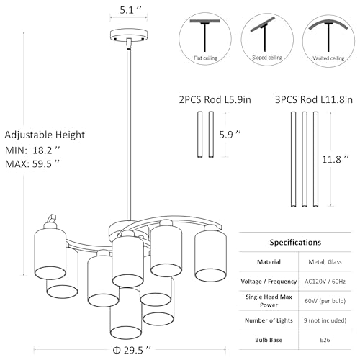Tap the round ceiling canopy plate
[129, 35]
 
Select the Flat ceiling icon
[205, 39]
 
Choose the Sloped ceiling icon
[267, 39]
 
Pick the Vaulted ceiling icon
[328, 40]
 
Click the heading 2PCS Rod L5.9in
[215, 99]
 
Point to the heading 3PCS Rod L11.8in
[314, 99]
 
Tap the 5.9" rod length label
[230, 135]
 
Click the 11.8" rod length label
[335, 159]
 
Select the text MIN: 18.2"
[32, 150]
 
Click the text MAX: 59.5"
[32, 163]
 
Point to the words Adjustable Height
[45, 135]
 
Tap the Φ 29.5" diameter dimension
[132, 350]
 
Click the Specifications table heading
[295, 243]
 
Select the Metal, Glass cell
[325, 262]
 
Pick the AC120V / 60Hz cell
[325, 282]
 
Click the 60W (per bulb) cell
[325, 301]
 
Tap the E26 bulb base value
[325, 340]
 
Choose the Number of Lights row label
[269, 320]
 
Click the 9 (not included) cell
[325, 320]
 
